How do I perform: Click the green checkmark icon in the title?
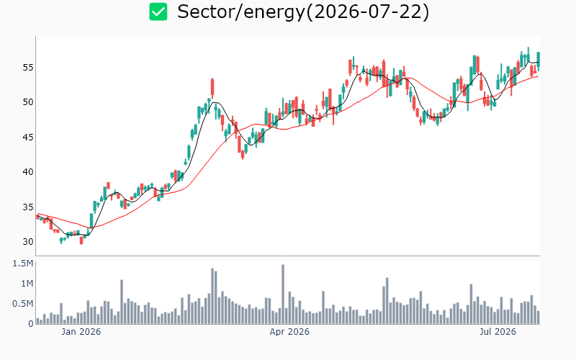click(158, 12)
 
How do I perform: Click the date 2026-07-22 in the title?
click(368, 12)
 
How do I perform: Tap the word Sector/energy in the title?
click(241, 12)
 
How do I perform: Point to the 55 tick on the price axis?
click(28, 67)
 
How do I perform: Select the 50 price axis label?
click(28, 102)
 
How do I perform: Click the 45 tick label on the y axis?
click(28, 137)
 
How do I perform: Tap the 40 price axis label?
click(28, 172)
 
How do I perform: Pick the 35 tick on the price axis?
click(28, 207)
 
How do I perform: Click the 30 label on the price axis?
click(28, 242)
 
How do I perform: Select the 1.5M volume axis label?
click(23, 264)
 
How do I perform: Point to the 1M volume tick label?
click(27, 284)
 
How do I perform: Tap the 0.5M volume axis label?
click(23, 304)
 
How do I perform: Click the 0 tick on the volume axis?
click(31, 323)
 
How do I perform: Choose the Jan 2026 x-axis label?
click(81, 332)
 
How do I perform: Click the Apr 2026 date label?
click(289, 332)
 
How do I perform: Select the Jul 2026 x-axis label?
click(498, 332)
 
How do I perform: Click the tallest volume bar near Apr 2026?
click(283, 294)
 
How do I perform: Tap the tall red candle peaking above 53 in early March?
click(212, 88)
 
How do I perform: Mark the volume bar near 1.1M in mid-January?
click(122, 302)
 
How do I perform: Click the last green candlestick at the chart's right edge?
click(539, 59)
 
